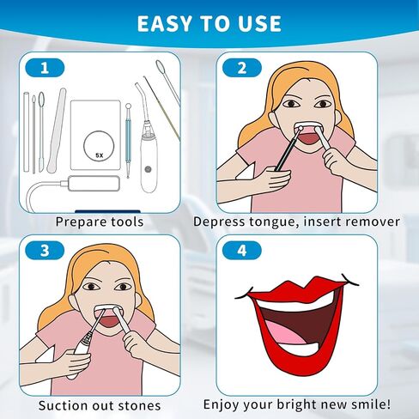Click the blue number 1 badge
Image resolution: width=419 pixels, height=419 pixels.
point(45,68)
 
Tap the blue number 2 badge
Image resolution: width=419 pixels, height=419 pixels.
point(242,68)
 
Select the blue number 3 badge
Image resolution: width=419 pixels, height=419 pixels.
point(45,251)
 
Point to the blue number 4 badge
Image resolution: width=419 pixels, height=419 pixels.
point(242,251)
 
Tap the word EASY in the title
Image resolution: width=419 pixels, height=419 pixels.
point(165,23)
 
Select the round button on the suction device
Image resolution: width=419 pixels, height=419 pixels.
point(148,169)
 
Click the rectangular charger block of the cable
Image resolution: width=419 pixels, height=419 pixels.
point(94,184)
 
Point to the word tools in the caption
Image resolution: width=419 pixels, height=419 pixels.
point(127,222)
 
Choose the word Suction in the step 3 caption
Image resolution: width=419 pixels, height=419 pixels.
point(64,405)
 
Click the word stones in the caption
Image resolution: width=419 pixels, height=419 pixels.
point(139,405)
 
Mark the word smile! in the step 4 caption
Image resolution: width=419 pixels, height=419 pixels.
point(372,404)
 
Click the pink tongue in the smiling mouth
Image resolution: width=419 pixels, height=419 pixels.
point(286,333)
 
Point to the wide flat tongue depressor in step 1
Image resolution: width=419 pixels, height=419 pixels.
point(57,131)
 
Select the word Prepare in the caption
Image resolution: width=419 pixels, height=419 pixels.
point(82,222)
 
